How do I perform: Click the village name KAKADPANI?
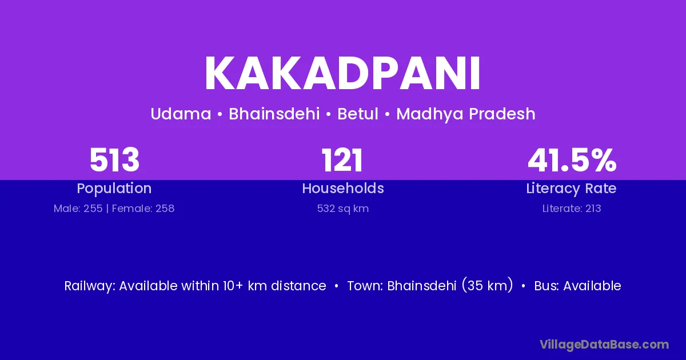342,74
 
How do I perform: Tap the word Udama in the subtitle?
181,114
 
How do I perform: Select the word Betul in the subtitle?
358,114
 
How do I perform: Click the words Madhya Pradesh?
466,114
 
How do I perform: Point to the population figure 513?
114,160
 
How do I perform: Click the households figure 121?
342,160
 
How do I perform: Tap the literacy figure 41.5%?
572,160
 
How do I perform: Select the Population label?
114,189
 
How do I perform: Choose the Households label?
343,188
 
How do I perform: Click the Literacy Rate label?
571,189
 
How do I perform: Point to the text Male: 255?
78,209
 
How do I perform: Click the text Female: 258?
143,209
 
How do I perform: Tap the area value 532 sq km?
343,209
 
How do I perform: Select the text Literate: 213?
572,209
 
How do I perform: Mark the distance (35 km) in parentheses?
487,285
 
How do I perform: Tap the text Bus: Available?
577,286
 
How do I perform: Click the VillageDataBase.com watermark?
604,345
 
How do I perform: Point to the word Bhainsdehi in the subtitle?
274,114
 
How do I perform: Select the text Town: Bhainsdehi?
402,286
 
